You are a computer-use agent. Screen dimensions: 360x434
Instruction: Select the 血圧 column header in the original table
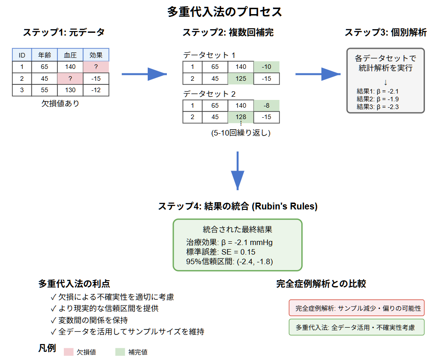point(70,55)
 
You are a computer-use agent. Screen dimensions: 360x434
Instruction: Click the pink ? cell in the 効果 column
point(96,67)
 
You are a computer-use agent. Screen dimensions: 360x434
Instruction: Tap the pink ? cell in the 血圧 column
point(70,78)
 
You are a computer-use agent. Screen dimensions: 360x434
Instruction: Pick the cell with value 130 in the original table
point(70,90)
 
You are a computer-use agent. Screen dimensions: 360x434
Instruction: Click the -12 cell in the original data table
point(96,90)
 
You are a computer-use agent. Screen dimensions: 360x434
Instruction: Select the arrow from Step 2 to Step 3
point(318,73)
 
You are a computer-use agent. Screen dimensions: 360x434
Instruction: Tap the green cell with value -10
point(267,67)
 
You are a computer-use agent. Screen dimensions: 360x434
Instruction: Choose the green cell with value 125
point(241,78)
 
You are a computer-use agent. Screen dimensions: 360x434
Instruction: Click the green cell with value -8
point(267,105)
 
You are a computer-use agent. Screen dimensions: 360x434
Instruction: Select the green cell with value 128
point(241,117)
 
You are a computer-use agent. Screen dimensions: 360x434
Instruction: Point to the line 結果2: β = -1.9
point(378,99)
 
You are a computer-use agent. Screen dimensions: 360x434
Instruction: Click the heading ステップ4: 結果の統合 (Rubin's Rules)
point(238,206)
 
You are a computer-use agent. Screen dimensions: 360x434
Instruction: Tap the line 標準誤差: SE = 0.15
point(221,252)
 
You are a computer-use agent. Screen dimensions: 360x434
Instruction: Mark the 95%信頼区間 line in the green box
point(230,261)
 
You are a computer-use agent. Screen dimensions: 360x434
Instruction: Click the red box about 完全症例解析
point(357,308)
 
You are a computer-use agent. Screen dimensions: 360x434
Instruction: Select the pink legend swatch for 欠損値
point(68,352)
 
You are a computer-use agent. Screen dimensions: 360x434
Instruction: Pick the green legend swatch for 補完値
point(120,352)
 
